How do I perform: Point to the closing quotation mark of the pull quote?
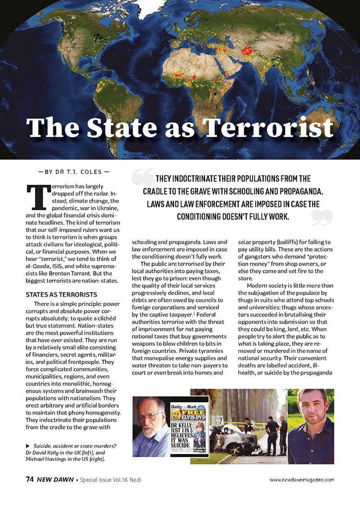click(x=322, y=217)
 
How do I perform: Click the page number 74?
click(x=30, y=479)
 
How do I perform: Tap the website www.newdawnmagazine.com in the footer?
click(x=301, y=479)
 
